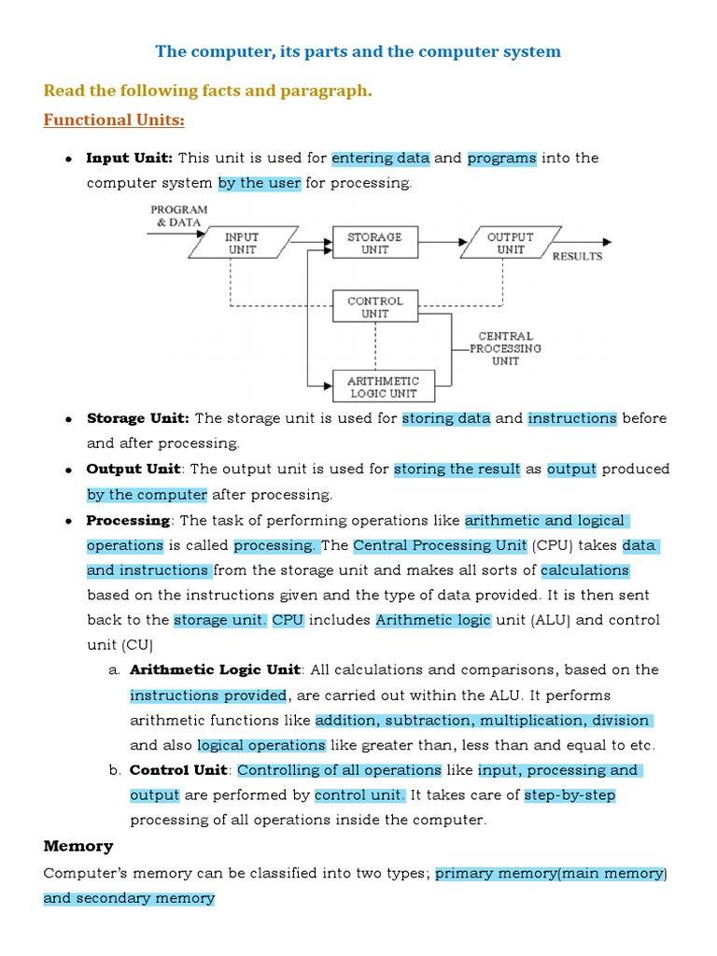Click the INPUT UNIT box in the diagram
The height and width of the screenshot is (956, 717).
[242, 244]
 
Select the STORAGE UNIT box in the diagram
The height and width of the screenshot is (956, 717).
[374, 244]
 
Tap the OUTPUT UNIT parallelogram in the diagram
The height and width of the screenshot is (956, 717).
[511, 244]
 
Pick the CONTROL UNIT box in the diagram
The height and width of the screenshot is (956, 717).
[374, 307]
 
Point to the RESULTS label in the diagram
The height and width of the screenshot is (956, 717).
[578, 256]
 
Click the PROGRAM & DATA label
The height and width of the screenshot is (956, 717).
[179, 217]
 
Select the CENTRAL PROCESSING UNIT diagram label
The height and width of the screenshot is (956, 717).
[505, 348]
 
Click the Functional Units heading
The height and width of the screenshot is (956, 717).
[114, 120]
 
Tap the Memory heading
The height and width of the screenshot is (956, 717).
[78, 846]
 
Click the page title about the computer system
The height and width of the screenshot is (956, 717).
[358, 51]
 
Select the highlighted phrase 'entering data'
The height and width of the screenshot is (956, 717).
[380, 158]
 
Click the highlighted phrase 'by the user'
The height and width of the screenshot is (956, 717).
[260, 183]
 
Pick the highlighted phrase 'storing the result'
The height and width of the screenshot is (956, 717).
[457, 469]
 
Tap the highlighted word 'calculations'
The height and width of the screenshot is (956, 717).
[584, 569]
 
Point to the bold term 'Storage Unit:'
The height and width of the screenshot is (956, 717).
[138, 418]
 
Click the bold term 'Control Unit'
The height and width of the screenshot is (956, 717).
[178, 770]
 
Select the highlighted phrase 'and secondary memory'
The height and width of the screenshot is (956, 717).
[129, 898]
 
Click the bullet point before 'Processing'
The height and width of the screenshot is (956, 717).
[69, 521]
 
